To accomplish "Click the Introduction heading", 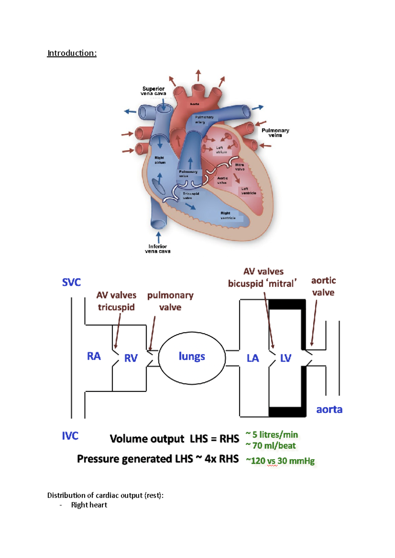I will pos(72,53).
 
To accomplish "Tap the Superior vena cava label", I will pos(153,91).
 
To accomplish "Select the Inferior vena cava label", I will pos(158,249).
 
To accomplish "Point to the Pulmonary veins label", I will pos(275,133).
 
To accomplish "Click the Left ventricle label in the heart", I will pos(248,191).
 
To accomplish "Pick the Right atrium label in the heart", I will pos(160,160).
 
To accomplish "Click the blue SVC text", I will pos(71,282).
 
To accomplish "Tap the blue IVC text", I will pos(70,436).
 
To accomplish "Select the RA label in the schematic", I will pos(94,356).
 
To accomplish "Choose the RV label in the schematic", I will pos(131,358).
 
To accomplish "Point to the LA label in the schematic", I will pos(253,358).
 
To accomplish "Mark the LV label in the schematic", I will pos(285,358).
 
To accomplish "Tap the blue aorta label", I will pos(329,409).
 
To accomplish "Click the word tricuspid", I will pos(116,307).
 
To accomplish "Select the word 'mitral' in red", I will pos(282,284).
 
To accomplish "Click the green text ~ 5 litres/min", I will pos(272,435).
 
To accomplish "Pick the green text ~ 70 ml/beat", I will pos(271,446).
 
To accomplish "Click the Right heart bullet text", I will pos(89,505).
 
